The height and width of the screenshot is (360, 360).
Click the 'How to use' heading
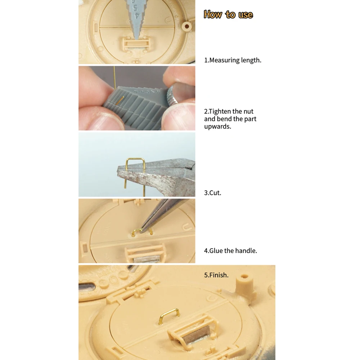coord(228,14)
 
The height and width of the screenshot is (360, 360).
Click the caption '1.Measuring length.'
coord(233,60)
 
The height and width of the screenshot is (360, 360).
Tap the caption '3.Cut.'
coord(213,193)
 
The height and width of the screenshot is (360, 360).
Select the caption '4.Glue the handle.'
coord(230,251)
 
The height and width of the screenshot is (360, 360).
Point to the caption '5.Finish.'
coord(216,275)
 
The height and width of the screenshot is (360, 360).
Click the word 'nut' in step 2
coord(248,112)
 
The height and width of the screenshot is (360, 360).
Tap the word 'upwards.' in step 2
coord(218,126)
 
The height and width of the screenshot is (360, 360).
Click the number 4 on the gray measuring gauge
coord(137,15)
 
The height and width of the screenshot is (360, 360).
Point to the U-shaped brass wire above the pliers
coord(135,159)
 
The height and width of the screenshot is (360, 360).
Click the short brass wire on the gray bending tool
coord(120,100)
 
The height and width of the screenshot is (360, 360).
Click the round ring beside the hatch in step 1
coord(187,26)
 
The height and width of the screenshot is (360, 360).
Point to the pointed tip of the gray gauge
coord(137,39)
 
